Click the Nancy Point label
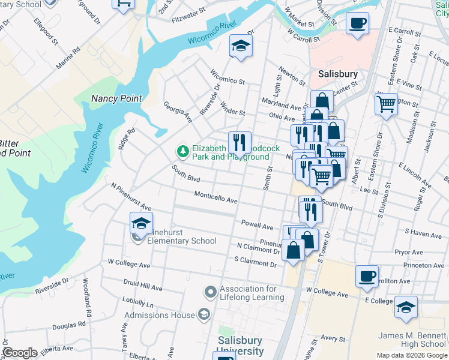point(116,98)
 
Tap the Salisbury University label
point(240,346)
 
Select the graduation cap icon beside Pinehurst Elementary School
point(141,224)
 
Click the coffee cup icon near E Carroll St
point(357,23)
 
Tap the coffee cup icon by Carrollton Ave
point(367,277)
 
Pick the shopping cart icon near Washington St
point(386,103)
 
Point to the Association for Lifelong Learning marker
point(210,292)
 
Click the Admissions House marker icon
point(204,314)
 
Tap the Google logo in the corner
point(19,353)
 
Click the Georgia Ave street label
point(178,112)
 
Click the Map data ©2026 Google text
point(411,355)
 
